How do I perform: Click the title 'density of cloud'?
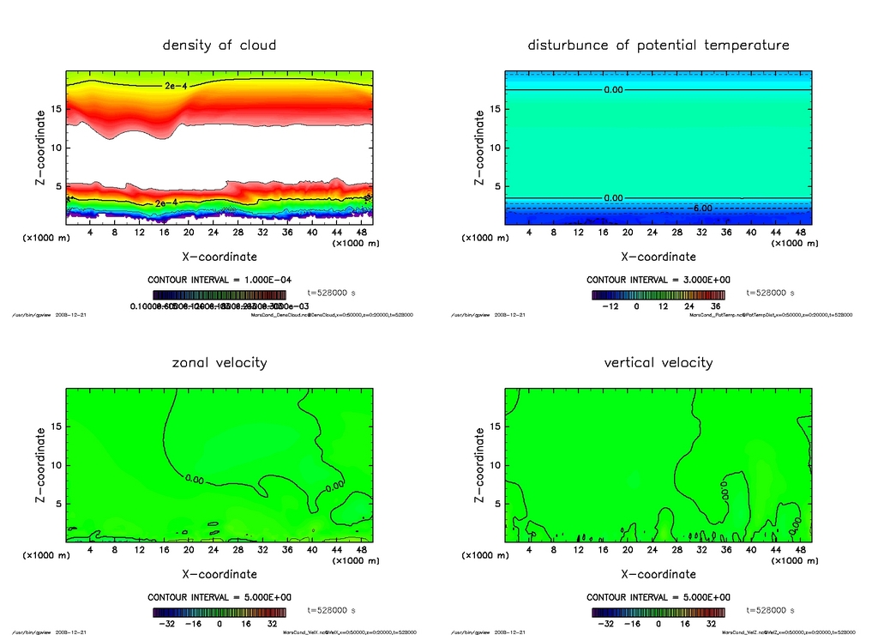click(x=219, y=45)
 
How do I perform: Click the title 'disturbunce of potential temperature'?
click(x=658, y=45)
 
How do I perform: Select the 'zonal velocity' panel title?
click(x=219, y=362)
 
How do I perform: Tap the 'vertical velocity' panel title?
click(x=658, y=362)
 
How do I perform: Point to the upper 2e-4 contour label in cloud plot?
click(x=175, y=86)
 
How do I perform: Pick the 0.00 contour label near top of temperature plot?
click(x=613, y=89)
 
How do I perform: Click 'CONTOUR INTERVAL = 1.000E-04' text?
click(x=219, y=280)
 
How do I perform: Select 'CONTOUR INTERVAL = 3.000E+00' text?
click(x=658, y=280)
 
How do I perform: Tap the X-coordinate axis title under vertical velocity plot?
click(x=658, y=573)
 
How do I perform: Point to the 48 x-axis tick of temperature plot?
click(x=799, y=233)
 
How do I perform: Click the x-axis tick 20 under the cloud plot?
click(x=189, y=233)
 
